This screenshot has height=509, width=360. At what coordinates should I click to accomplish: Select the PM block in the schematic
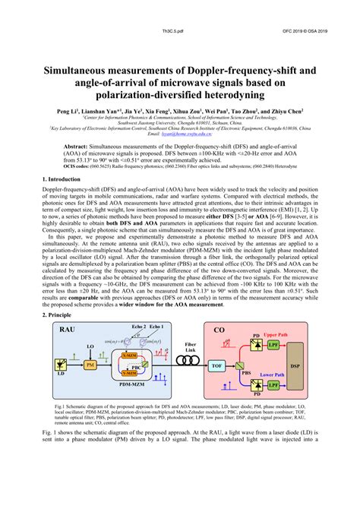click(90, 366)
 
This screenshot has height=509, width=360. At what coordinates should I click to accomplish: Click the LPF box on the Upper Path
click(272, 344)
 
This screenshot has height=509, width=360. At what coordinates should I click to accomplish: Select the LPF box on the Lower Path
click(272, 385)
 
